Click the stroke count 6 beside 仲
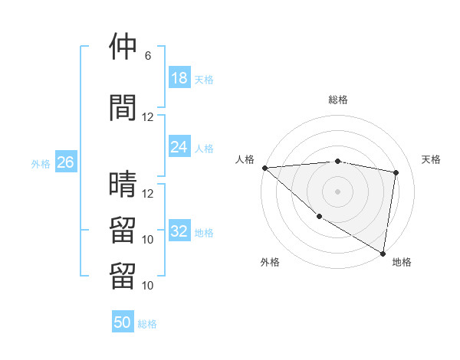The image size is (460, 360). click(148, 56)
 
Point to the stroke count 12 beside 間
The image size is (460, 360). click(148, 117)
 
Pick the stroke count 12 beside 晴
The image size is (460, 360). click(148, 194)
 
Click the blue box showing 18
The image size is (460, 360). click(179, 78)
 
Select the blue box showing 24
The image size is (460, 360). click(179, 147)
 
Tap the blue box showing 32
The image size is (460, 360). click(179, 231)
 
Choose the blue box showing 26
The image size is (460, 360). click(66, 162)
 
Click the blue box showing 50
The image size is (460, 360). click(123, 322)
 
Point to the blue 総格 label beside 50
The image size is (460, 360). click(147, 324)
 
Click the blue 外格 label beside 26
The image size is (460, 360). click(40, 163)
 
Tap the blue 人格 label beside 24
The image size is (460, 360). click(204, 148)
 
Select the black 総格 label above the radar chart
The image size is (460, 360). click(337, 100)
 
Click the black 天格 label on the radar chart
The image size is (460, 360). click(431, 159)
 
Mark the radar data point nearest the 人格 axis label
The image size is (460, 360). click(264, 168)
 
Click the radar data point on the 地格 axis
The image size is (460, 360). click(383, 253)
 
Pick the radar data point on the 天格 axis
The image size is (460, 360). click(396, 172)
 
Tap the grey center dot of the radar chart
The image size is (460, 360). click(337, 191)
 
